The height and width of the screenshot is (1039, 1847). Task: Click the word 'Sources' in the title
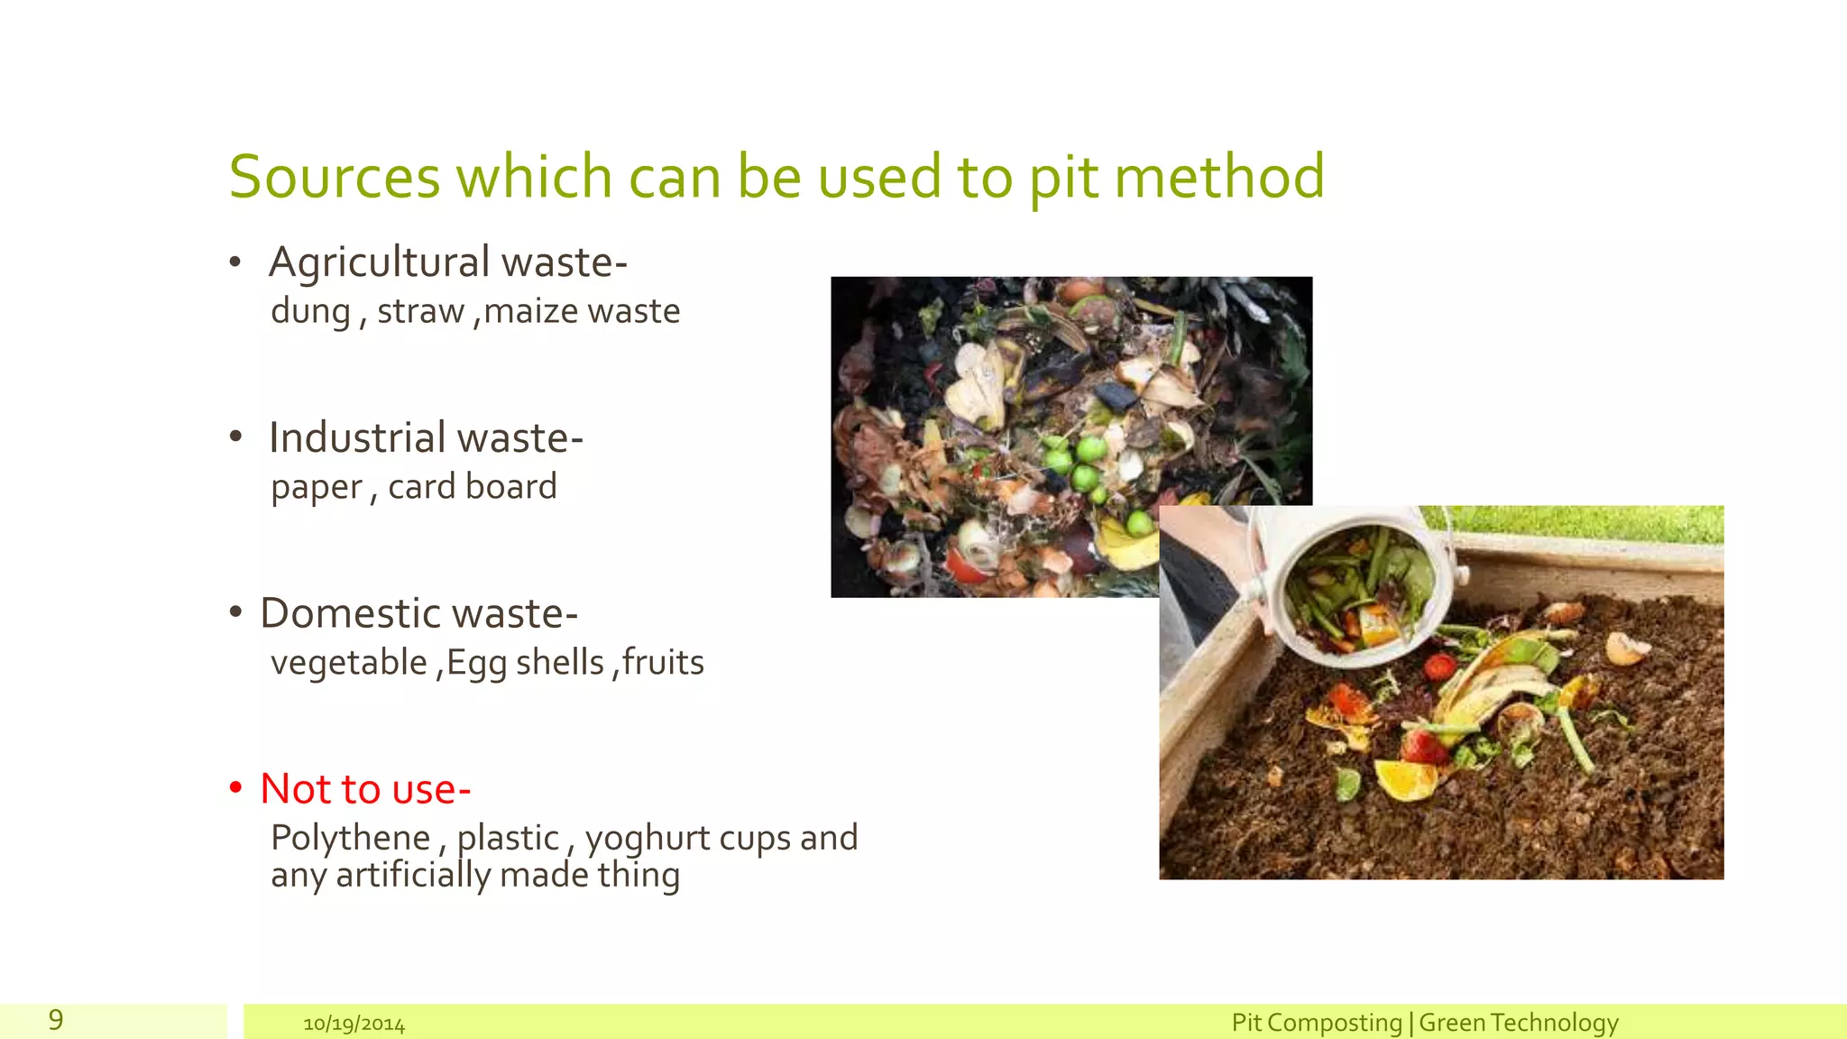[334, 177]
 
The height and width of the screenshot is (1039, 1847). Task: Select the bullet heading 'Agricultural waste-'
[447, 262]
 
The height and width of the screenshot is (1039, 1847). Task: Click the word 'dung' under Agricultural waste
[310, 312]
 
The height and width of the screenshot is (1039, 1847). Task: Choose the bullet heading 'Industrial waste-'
[426, 438]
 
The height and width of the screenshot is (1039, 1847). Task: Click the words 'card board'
[472, 487]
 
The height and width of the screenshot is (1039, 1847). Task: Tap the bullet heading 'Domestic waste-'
[418, 614]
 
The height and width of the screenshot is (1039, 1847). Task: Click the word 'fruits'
[663, 663]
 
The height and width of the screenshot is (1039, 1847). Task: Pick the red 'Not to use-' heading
[365, 789]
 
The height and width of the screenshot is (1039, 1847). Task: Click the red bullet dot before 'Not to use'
[236, 788]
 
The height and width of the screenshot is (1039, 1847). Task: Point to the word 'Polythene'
[350, 838]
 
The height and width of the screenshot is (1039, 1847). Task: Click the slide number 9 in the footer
[56, 1020]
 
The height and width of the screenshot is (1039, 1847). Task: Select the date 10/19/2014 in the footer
[354, 1025]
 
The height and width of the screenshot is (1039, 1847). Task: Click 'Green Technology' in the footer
[1519, 1023]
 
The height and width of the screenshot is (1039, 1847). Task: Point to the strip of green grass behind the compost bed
[1587, 522]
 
